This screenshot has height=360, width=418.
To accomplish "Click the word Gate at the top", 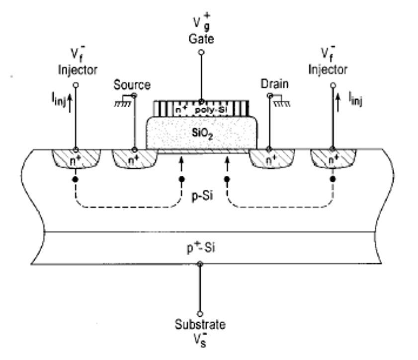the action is [x=201, y=39].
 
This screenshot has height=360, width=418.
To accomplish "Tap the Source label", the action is [x=132, y=85].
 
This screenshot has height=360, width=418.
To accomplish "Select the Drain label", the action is [x=274, y=84].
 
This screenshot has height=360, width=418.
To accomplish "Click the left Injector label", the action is [x=78, y=70].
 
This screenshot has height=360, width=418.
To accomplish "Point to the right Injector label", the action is [x=328, y=70].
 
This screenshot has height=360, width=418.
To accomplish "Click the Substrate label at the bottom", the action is [x=200, y=324].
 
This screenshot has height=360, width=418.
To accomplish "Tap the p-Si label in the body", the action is [x=203, y=196].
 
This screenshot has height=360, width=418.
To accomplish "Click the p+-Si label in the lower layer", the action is [x=201, y=248].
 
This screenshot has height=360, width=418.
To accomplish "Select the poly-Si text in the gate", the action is [x=211, y=110].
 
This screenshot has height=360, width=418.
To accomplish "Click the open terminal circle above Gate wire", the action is [x=201, y=52].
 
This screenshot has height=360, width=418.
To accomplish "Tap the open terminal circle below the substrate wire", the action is [x=200, y=314].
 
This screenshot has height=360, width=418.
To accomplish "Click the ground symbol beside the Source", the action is [x=123, y=101].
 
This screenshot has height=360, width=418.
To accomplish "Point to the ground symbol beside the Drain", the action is [x=281, y=101].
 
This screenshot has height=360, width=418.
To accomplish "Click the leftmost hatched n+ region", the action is [x=76, y=159].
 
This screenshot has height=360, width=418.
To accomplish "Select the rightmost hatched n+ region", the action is [x=333, y=159].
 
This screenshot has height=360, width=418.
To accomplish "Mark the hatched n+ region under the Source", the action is [x=135, y=159].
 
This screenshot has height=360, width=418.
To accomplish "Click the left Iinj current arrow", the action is [x=70, y=104].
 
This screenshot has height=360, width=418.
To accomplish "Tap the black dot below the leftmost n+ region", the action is [x=76, y=179].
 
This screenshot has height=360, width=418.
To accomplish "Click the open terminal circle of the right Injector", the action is [x=333, y=85].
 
